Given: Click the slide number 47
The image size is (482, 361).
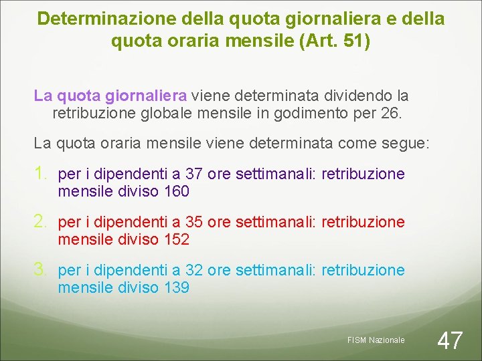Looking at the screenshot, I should [x=449, y=340].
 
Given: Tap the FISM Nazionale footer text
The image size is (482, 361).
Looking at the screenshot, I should [x=376, y=340].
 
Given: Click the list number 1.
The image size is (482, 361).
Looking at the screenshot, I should [x=41, y=174].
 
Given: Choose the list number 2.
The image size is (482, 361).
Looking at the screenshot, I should [x=41, y=222].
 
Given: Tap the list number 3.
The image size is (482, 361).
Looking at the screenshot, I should [x=41, y=270].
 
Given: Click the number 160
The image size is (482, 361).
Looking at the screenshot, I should [x=177, y=192].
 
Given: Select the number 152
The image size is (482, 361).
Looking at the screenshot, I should [x=177, y=240].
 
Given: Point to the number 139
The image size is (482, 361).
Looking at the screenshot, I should [x=177, y=288].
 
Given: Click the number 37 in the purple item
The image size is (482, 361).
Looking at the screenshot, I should [x=194, y=174].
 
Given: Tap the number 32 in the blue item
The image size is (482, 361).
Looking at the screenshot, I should [x=194, y=271].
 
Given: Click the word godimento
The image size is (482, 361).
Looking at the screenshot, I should [x=323, y=113].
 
